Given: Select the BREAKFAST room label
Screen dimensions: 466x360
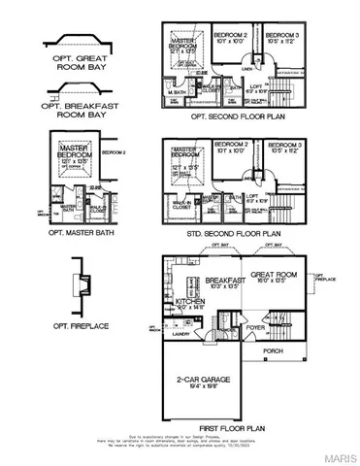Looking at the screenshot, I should [200, 280].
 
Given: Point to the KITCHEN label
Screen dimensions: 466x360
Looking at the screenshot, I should [190, 302].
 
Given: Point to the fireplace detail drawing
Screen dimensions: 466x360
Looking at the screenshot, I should [83, 285].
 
